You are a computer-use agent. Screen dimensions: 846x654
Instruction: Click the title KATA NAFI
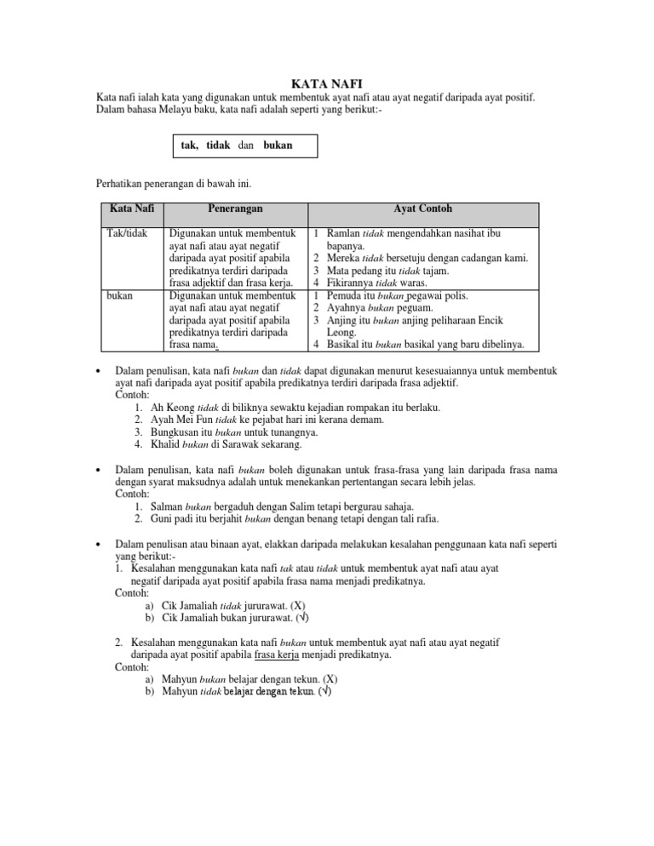click(x=326, y=83)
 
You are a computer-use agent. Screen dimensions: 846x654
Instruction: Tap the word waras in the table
click(x=425, y=283)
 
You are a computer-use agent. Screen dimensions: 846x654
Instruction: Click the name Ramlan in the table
click(x=343, y=232)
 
